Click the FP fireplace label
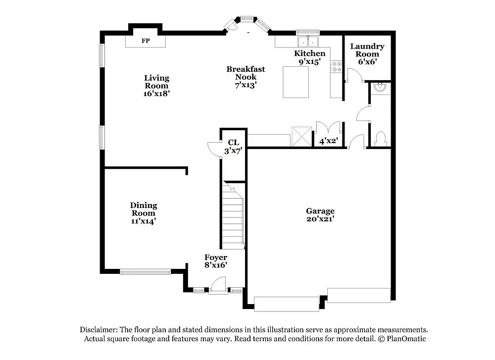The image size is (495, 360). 146,41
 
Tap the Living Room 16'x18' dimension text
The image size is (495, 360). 156,94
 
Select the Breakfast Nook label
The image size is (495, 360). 246,73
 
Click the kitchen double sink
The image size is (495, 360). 308,42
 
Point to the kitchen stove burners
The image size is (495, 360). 337,67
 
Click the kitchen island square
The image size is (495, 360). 296,82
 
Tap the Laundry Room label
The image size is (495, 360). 367,50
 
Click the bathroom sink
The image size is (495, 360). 380,88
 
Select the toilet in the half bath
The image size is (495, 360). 381,139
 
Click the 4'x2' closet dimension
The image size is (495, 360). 329,141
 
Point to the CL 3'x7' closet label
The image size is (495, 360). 233,147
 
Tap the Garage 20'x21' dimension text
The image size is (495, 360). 320,219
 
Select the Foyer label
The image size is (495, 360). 216,257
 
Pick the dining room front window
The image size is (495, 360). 146,271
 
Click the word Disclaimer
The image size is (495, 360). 99,330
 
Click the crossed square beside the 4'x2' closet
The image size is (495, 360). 301,136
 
